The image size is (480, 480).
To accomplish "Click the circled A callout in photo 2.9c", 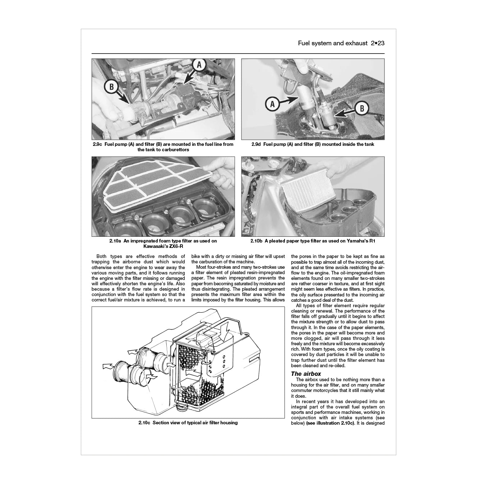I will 200,65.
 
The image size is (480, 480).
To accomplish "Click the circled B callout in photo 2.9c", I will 111,87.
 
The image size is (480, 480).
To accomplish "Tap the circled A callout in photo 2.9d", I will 272,104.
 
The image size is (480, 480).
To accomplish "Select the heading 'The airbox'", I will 306,374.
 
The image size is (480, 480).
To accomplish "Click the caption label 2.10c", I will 144,423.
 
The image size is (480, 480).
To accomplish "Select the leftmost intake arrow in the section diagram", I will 107,366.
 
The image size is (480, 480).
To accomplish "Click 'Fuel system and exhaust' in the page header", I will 332,43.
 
